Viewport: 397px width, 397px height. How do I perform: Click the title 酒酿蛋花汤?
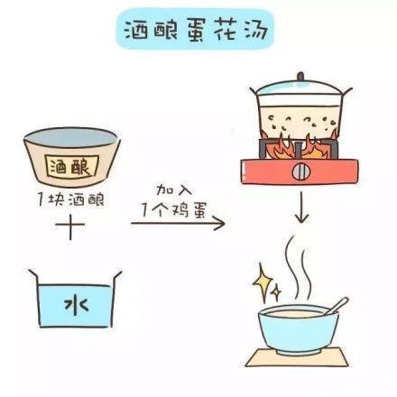196,30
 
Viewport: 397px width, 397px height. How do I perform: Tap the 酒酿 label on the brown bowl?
71,167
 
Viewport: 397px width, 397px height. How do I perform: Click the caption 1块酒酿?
71,199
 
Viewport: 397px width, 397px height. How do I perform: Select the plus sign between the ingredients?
70,225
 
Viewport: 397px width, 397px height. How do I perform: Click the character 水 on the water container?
76,305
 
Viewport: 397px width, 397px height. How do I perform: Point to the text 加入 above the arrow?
174,190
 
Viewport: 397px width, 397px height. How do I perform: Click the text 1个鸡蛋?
174,209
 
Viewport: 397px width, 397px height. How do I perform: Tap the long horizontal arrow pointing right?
178,223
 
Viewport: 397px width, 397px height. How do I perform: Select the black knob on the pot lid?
300,77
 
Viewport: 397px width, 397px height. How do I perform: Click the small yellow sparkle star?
276,292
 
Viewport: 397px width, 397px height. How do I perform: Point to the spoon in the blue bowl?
337,306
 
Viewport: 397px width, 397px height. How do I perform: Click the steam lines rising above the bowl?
299,268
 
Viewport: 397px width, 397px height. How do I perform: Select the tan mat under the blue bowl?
297,357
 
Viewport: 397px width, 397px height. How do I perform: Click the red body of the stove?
300,171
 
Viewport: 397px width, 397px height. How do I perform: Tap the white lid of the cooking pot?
300,88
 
